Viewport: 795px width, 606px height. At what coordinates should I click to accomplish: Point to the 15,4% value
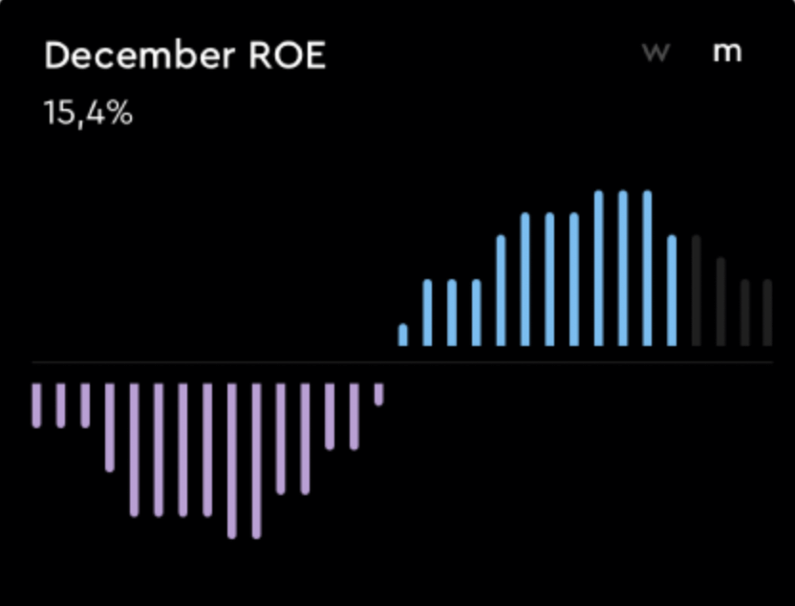pyautogui.click(x=88, y=114)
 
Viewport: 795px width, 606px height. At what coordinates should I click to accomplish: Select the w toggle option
pyautogui.click(x=655, y=53)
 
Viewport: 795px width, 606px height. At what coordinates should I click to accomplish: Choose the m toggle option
pyautogui.click(x=727, y=53)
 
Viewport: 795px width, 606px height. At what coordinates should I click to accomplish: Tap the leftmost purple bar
pyautogui.click(x=37, y=405)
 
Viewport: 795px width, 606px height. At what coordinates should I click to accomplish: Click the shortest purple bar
pyautogui.click(x=378, y=395)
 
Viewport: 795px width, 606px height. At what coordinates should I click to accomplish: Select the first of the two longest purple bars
pyautogui.click(x=232, y=461)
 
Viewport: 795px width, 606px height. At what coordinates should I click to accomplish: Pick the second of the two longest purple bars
pyautogui.click(x=256, y=461)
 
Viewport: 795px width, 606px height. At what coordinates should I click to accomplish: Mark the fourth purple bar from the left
pyautogui.click(x=110, y=427)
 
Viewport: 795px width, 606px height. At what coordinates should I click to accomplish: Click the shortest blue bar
pyautogui.click(x=403, y=335)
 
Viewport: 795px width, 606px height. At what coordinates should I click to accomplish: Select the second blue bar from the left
pyautogui.click(x=427, y=313)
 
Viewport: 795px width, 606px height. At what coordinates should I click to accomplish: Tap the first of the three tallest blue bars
pyautogui.click(x=598, y=269)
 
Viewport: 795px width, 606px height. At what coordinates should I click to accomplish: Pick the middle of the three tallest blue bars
pyautogui.click(x=622, y=269)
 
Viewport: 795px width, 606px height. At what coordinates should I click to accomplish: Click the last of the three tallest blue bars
pyautogui.click(x=647, y=269)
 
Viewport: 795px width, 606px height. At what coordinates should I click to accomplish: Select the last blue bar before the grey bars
pyautogui.click(x=672, y=291)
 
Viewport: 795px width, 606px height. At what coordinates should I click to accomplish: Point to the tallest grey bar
pyautogui.click(x=696, y=291)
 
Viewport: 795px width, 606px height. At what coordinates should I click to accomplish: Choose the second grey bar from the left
pyautogui.click(x=720, y=302)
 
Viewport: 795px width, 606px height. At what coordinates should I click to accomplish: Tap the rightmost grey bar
pyautogui.click(x=767, y=313)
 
